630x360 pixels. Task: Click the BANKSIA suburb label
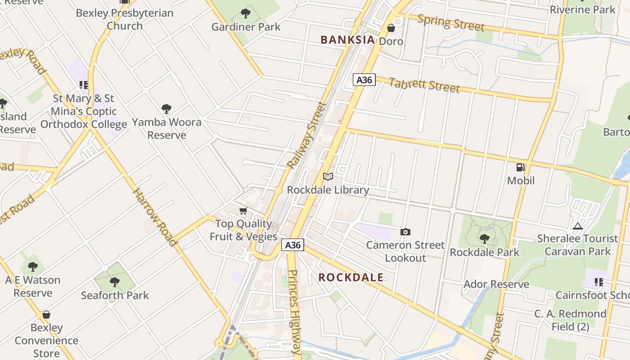coord(347,40)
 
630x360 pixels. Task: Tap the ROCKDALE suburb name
coord(351,277)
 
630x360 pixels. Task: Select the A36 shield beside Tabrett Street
coord(364,80)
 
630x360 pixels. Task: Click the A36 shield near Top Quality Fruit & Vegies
coord(293,245)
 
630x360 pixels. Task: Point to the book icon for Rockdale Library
coord(328,177)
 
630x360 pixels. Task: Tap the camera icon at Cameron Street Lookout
coord(405,232)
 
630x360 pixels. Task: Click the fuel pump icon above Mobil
coord(521,167)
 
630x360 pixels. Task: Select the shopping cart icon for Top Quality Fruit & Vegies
coord(243,211)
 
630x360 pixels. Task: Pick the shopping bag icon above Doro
coord(391,28)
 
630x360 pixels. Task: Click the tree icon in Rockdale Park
coord(484,239)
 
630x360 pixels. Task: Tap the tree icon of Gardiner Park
coord(246,13)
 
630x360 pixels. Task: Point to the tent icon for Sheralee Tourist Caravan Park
coord(578,225)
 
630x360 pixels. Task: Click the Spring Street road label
coord(451,22)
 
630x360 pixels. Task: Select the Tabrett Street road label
coord(424,85)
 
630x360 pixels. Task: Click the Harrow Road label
coord(154,217)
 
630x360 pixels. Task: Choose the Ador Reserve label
coord(496,284)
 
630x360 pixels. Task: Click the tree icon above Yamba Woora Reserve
coord(166,109)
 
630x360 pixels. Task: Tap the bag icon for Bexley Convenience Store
coord(46,315)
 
